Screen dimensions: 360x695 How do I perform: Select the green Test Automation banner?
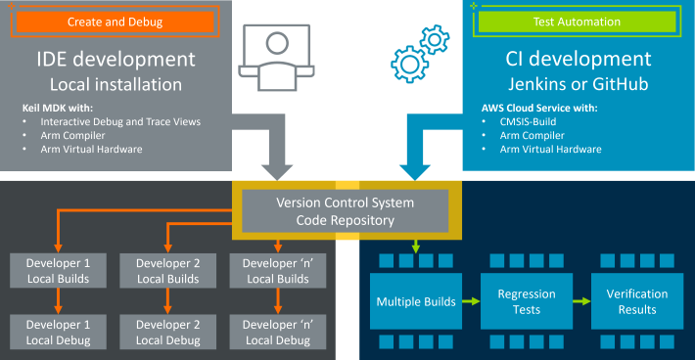(577, 22)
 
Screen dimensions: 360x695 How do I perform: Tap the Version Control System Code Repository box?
(345, 211)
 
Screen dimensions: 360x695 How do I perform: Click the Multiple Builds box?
(416, 301)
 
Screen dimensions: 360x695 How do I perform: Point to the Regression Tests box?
(527, 301)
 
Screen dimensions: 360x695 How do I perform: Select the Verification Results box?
(637, 301)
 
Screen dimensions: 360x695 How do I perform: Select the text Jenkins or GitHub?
(579, 83)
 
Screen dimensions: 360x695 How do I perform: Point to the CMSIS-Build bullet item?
(512, 121)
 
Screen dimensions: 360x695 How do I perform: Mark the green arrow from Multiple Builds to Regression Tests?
(470, 301)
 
